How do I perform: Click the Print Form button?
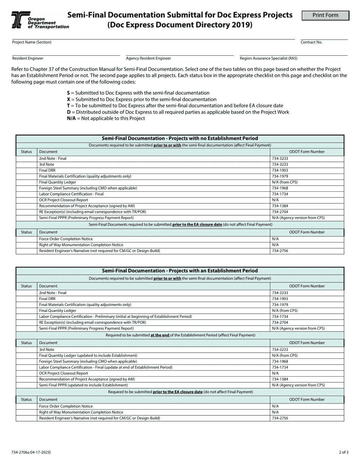click(326, 16)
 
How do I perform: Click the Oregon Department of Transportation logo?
click(40, 20)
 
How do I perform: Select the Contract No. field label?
click(311, 42)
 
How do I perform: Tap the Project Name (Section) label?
click(32, 42)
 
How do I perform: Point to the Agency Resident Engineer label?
click(148, 58)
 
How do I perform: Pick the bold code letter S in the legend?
click(68, 93)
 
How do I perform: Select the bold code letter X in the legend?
click(68, 99)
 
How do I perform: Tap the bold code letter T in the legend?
click(68, 106)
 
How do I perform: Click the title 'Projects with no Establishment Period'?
click(180, 139)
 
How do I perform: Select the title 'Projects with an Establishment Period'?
click(180, 271)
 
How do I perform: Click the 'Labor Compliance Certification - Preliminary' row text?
click(115, 316)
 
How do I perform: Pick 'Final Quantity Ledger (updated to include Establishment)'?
click(88, 355)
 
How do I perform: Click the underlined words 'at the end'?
click(160, 335)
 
